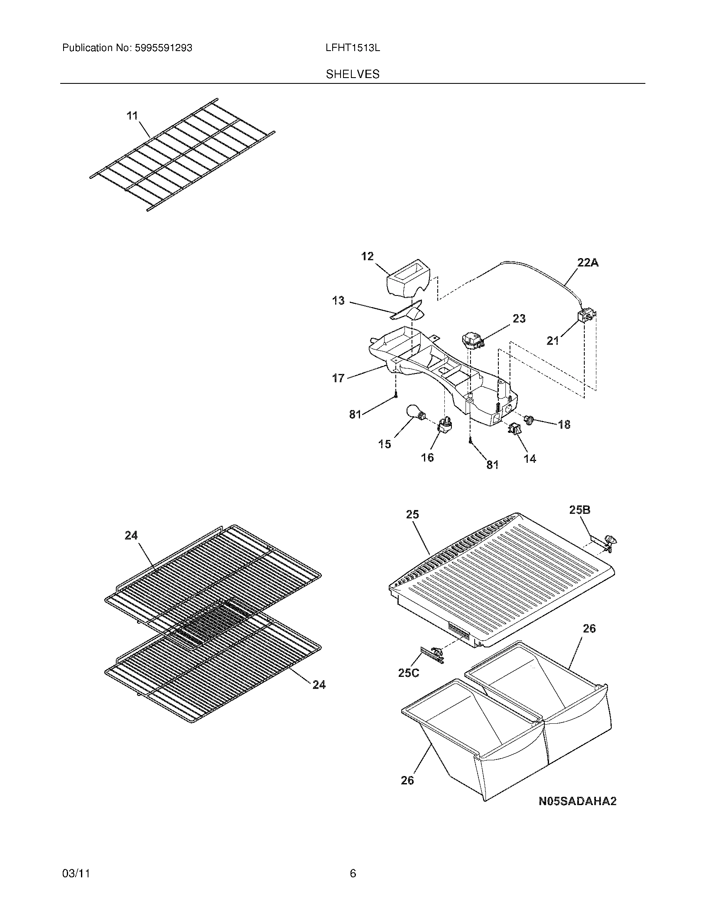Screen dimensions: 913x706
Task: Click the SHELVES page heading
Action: coord(353,74)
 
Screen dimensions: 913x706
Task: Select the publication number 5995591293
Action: coord(164,48)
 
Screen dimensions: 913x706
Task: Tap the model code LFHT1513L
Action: coord(353,48)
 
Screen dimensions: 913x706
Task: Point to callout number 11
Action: coord(132,116)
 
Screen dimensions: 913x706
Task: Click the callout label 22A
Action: coord(588,263)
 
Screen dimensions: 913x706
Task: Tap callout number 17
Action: coord(338,378)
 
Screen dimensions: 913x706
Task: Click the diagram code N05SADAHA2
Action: coord(577,801)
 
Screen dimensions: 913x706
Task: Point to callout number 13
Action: coord(338,300)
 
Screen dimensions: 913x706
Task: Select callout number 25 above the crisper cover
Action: coord(412,515)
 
